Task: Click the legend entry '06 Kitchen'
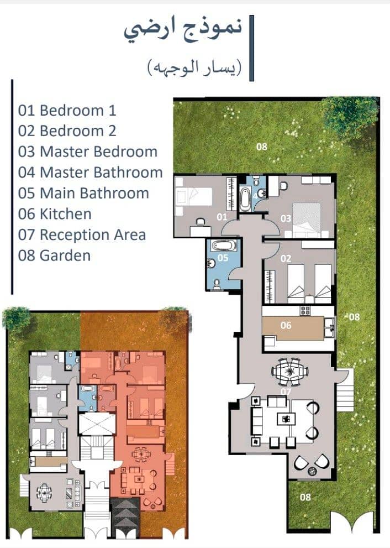point(55,214)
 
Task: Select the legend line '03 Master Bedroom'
point(88,152)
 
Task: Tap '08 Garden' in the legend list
point(55,255)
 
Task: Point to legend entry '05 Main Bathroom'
point(83,194)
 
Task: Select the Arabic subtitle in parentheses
point(194,67)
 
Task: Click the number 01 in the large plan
point(222,217)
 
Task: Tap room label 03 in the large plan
point(286,218)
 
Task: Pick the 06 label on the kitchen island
point(286,325)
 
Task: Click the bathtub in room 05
point(224,245)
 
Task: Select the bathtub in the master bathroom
point(245,199)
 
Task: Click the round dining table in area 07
point(290,371)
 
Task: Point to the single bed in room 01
point(194,197)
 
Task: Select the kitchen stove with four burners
point(305,310)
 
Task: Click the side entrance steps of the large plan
point(345,390)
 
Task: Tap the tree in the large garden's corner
point(350,117)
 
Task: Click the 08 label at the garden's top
point(261,147)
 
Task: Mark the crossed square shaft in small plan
point(97,424)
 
